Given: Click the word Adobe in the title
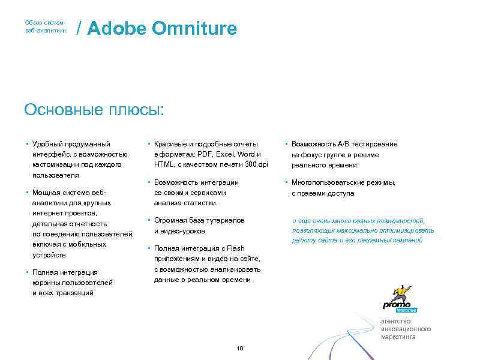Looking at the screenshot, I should pyautogui.click(x=116, y=28).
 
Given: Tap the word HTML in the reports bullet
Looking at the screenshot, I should pyautogui.click(x=164, y=164).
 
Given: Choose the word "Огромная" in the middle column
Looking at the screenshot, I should pyautogui.click(x=172, y=220).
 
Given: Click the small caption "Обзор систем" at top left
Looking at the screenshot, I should pyautogui.click(x=44, y=22).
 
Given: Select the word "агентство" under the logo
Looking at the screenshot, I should pyautogui.click(x=397, y=321).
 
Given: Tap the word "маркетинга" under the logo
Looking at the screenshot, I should pyautogui.click(x=398, y=337).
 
